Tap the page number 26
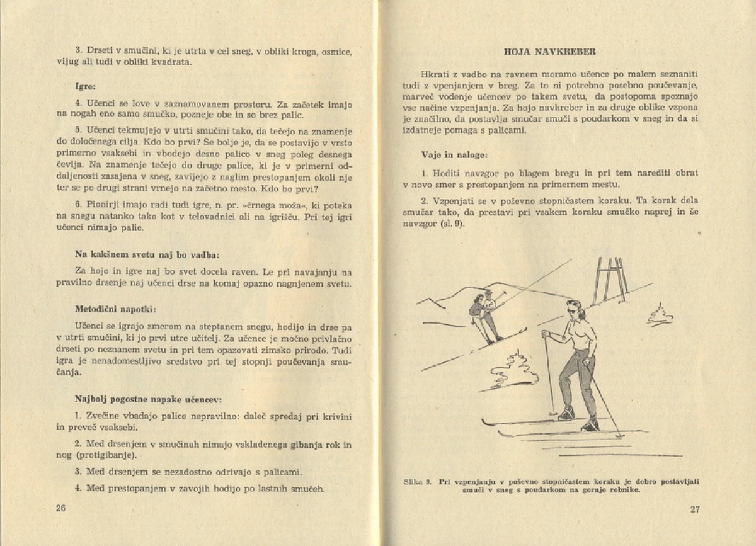coord(60,508)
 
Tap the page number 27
coord(694,509)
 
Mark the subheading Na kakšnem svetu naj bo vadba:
coord(147,254)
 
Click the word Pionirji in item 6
coord(105,205)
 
